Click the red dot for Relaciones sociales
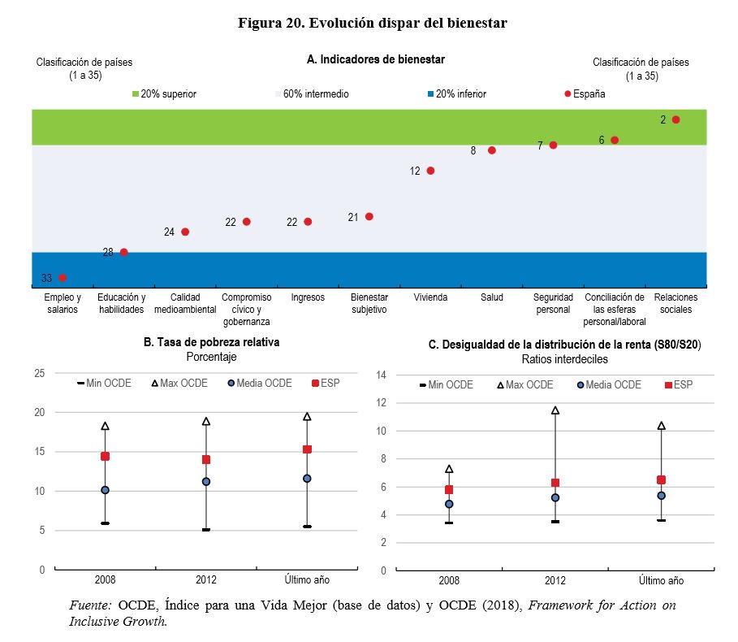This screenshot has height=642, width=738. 675,119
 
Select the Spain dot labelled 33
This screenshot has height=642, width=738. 63,278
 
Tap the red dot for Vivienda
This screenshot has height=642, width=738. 430,171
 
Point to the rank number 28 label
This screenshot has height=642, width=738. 108,253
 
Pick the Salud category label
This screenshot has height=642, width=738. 491,297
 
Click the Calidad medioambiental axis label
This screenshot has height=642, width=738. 184,303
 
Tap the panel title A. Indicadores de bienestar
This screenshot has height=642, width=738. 375,59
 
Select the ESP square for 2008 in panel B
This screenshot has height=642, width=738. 105,456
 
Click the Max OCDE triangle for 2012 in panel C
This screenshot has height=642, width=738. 555,410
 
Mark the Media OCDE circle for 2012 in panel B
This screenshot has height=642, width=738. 206,482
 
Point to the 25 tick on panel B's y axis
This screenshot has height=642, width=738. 39,373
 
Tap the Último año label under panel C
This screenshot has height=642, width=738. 661,581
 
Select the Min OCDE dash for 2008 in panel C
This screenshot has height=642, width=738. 449,523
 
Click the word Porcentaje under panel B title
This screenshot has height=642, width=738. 211,357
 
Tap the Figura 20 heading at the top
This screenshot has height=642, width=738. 372,23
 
